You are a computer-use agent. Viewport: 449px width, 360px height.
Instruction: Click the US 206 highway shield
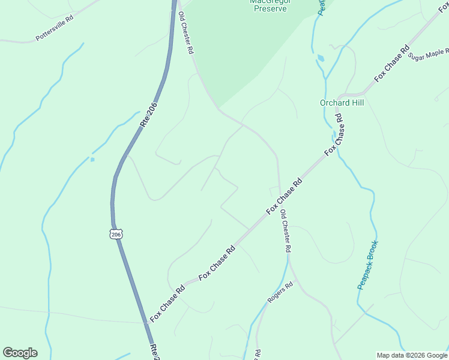116,233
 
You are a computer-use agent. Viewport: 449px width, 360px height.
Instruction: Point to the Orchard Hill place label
342,103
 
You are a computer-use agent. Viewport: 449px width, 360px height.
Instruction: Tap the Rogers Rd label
280,293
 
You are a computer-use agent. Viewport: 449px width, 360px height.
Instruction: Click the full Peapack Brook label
368,265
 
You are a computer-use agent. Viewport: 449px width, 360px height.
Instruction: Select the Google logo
20,353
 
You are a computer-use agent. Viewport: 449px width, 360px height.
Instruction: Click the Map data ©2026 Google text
412,355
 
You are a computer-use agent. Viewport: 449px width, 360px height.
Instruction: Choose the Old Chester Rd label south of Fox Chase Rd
286,230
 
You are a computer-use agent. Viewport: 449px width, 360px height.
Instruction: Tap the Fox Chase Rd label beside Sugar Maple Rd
391,64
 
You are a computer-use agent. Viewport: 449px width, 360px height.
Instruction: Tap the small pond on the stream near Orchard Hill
320,58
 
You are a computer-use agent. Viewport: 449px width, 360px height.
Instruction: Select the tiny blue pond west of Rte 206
92,159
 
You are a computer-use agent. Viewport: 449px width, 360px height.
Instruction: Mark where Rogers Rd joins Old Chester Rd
295,279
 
